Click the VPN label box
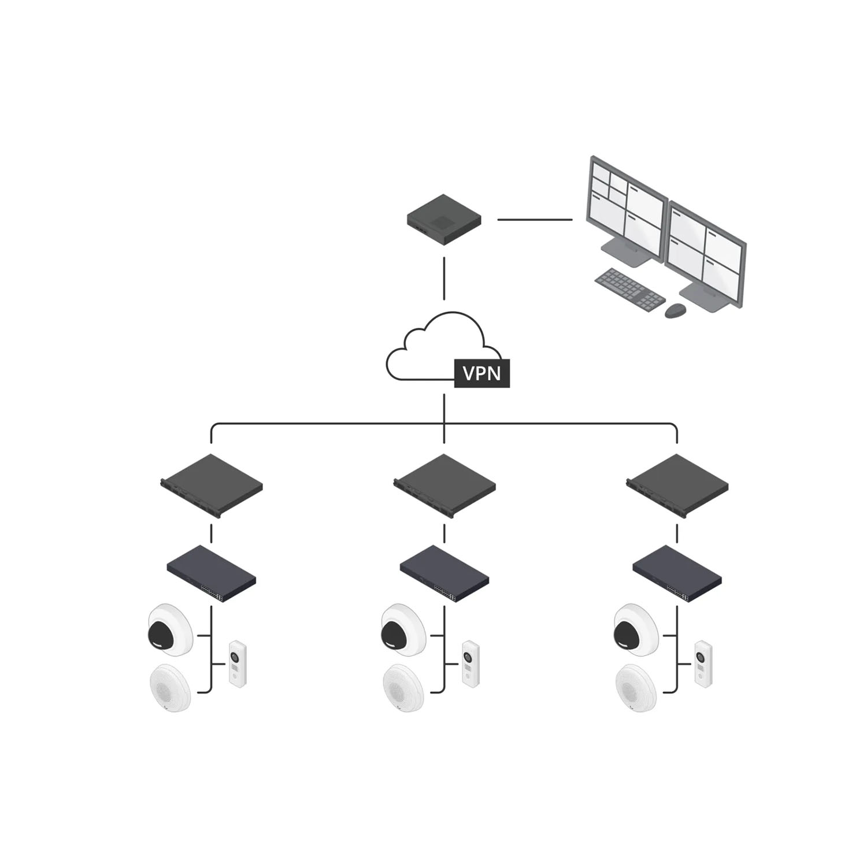click(x=482, y=373)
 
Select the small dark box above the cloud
click(x=444, y=219)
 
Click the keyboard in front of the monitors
click(x=630, y=288)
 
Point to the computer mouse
click(x=676, y=310)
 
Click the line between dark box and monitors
click(x=535, y=220)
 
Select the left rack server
click(x=212, y=486)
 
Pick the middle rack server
click(x=444, y=486)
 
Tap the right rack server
click(x=677, y=486)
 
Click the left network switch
click(x=212, y=574)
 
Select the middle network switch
click(x=444, y=574)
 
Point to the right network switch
click(x=677, y=574)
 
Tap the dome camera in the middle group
click(x=403, y=630)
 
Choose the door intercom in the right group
click(x=703, y=664)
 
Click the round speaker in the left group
click(x=170, y=688)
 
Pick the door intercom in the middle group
click(x=470, y=664)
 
